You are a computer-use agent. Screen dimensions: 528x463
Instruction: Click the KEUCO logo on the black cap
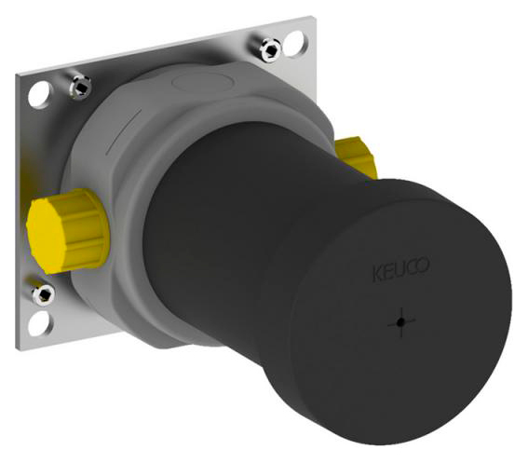[x=400, y=269]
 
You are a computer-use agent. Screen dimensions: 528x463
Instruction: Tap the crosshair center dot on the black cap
[x=400, y=322]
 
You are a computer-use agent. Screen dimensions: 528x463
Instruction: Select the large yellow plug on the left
[x=68, y=230]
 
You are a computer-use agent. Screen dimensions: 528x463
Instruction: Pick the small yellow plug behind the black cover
[x=356, y=156]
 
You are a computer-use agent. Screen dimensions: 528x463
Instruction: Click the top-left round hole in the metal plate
[x=40, y=95]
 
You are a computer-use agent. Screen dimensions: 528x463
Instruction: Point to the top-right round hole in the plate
[x=295, y=44]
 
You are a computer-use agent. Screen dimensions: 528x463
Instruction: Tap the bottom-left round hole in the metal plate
[x=40, y=323]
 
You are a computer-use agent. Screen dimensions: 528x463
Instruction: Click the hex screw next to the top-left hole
[x=80, y=88]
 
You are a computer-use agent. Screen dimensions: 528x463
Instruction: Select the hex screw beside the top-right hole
[x=270, y=49]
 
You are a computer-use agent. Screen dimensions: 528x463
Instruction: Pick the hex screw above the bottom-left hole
[x=44, y=295]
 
